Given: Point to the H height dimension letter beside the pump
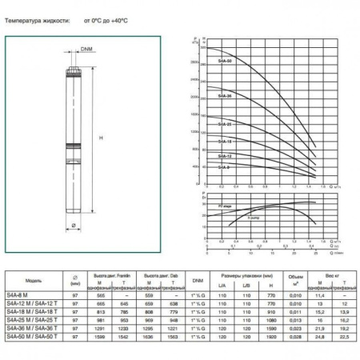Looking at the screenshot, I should [102, 138].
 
